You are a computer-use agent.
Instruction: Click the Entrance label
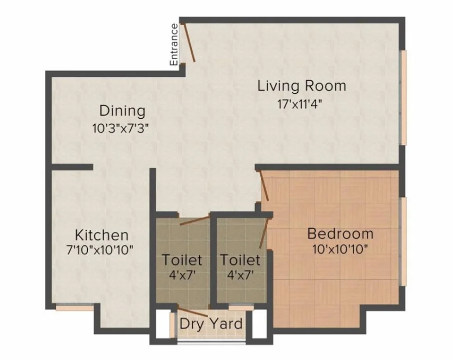174,44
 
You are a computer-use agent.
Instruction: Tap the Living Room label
302,86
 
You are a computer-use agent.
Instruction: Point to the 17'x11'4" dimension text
300,104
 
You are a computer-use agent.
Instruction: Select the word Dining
122,111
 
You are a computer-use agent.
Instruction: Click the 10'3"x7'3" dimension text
121,128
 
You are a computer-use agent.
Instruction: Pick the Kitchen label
101,235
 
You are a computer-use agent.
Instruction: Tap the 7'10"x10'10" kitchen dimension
100,250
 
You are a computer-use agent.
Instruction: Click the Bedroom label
340,234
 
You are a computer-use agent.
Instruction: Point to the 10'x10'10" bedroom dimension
340,249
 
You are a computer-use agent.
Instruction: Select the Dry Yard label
211,324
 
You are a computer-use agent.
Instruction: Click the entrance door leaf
188,42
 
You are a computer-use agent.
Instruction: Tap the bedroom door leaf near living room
264,185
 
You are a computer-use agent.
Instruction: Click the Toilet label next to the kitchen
182,260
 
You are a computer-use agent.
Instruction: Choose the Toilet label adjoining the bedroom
240,260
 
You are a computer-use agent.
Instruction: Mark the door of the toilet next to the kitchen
194,221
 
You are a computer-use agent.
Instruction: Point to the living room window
403,97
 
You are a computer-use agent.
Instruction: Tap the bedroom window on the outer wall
403,241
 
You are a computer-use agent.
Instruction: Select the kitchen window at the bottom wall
75,307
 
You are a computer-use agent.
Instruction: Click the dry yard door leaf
192,311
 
